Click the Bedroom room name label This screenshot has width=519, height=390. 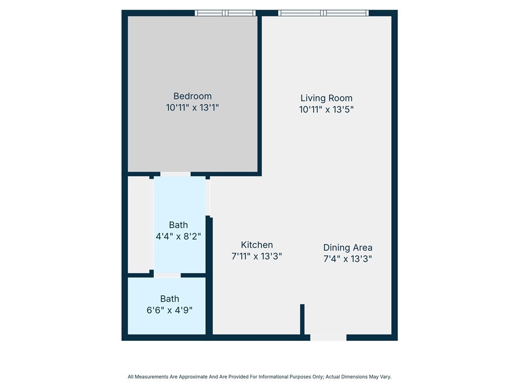click(x=192, y=96)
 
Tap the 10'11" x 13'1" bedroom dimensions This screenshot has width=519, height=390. click(x=192, y=108)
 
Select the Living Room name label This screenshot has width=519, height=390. click(x=326, y=98)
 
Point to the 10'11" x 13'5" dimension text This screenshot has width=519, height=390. click(x=326, y=109)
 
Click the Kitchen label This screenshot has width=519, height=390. click(x=256, y=245)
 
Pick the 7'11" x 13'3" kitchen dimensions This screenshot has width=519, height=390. click(x=256, y=256)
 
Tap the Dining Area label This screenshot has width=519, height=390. click(x=348, y=248)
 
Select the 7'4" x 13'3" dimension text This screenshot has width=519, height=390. click(x=348, y=258)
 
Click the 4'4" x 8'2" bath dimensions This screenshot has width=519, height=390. click(x=178, y=236)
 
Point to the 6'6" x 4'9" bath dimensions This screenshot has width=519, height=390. click(x=169, y=310)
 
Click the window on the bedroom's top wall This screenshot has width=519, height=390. click(x=226, y=13)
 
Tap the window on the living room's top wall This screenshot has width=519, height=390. click(x=323, y=13)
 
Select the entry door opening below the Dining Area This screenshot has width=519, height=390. click(x=328, y=338)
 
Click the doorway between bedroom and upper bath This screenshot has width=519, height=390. click(x=175, y=174)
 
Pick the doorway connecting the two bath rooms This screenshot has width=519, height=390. click(x=167, y=275)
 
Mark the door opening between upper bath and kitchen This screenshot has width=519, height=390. click(x=208, y=198)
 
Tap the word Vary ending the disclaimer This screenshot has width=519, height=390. click(x=385, y=377)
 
